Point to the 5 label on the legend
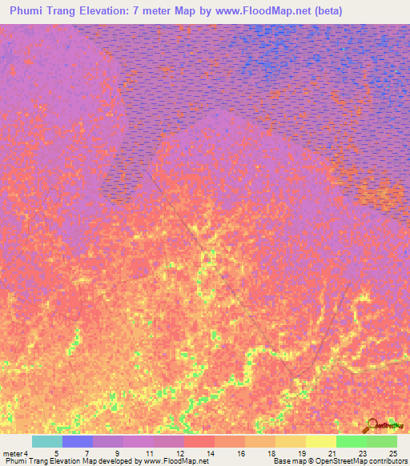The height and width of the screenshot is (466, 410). coord(56,452)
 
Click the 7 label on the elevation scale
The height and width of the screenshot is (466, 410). coord(86,452)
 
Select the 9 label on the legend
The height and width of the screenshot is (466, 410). coord(117,452)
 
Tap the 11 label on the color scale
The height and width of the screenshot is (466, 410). coord(149,452)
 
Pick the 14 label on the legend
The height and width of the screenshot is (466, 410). coord(210,452)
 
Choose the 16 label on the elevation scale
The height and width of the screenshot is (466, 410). coord(240,452)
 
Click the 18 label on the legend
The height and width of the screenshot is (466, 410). coord(271,452)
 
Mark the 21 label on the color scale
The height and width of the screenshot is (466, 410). coord(332,452)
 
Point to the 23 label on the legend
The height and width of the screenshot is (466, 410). coord(362,452)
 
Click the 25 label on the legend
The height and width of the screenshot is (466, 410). coord(392,452)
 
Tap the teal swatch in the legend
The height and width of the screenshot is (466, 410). coord(47,441)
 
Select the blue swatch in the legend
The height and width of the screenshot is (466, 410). coord(78,441)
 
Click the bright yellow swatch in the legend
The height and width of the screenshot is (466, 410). coord(321,441)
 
